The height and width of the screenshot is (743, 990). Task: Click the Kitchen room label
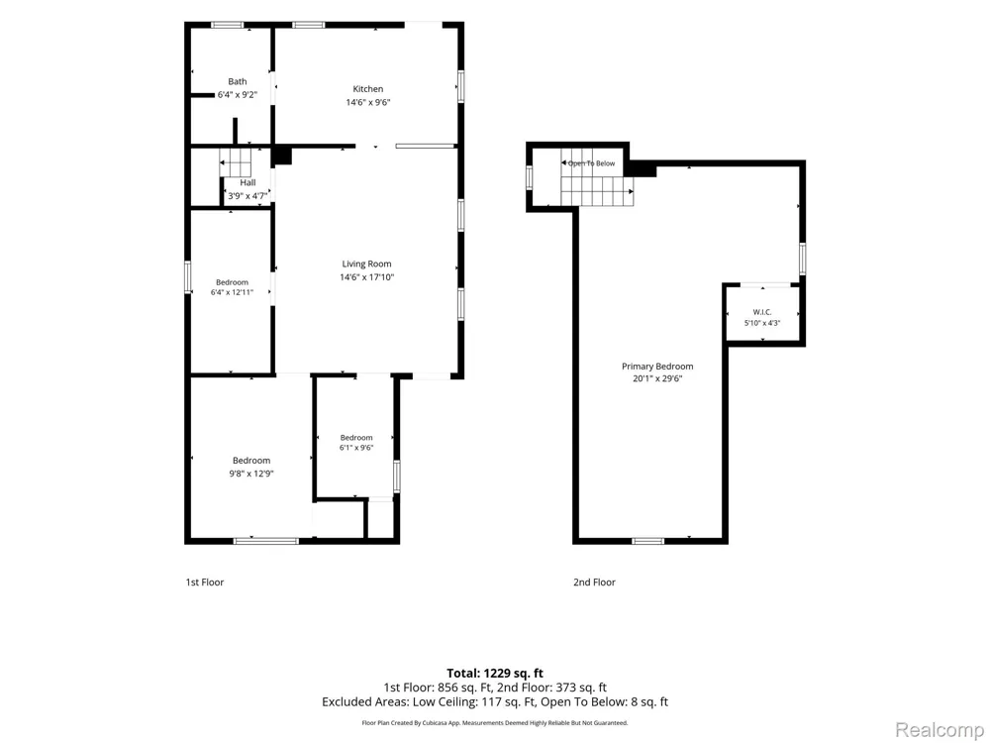[x=368, y=89]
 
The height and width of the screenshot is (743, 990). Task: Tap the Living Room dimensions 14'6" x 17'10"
[x=367, y=277]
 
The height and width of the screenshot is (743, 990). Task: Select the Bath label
[x=238, y=81]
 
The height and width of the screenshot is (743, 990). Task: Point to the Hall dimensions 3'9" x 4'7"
[x=247, y=196]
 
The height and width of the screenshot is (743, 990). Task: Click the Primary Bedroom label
[x=657, y=367]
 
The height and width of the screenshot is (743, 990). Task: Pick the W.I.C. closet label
[x=762, y=312]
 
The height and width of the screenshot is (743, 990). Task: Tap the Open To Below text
[x=592, y=163]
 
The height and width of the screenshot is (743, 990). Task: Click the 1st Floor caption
[x=205, y=583]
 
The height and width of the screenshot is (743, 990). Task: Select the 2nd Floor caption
[x=594, y=583]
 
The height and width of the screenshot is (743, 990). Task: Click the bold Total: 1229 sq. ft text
[x=495, y=674]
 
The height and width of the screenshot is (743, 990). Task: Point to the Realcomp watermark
[x=939, y=730]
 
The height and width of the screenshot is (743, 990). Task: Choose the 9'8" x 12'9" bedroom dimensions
[x=251, y=474]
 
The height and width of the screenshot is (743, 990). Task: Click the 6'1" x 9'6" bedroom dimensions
[x=356, y=448]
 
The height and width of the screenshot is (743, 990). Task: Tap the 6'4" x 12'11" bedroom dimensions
[x=232, y=292]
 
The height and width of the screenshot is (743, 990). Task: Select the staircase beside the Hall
[x=236, y=163]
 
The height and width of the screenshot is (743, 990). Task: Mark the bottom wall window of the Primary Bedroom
[x=647, y=541]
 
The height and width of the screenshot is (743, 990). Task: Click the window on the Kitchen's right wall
[x=461, y=86]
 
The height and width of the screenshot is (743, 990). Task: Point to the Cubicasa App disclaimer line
[x=495, y=723]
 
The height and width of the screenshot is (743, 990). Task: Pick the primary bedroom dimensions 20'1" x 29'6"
[x=657, y=379]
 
